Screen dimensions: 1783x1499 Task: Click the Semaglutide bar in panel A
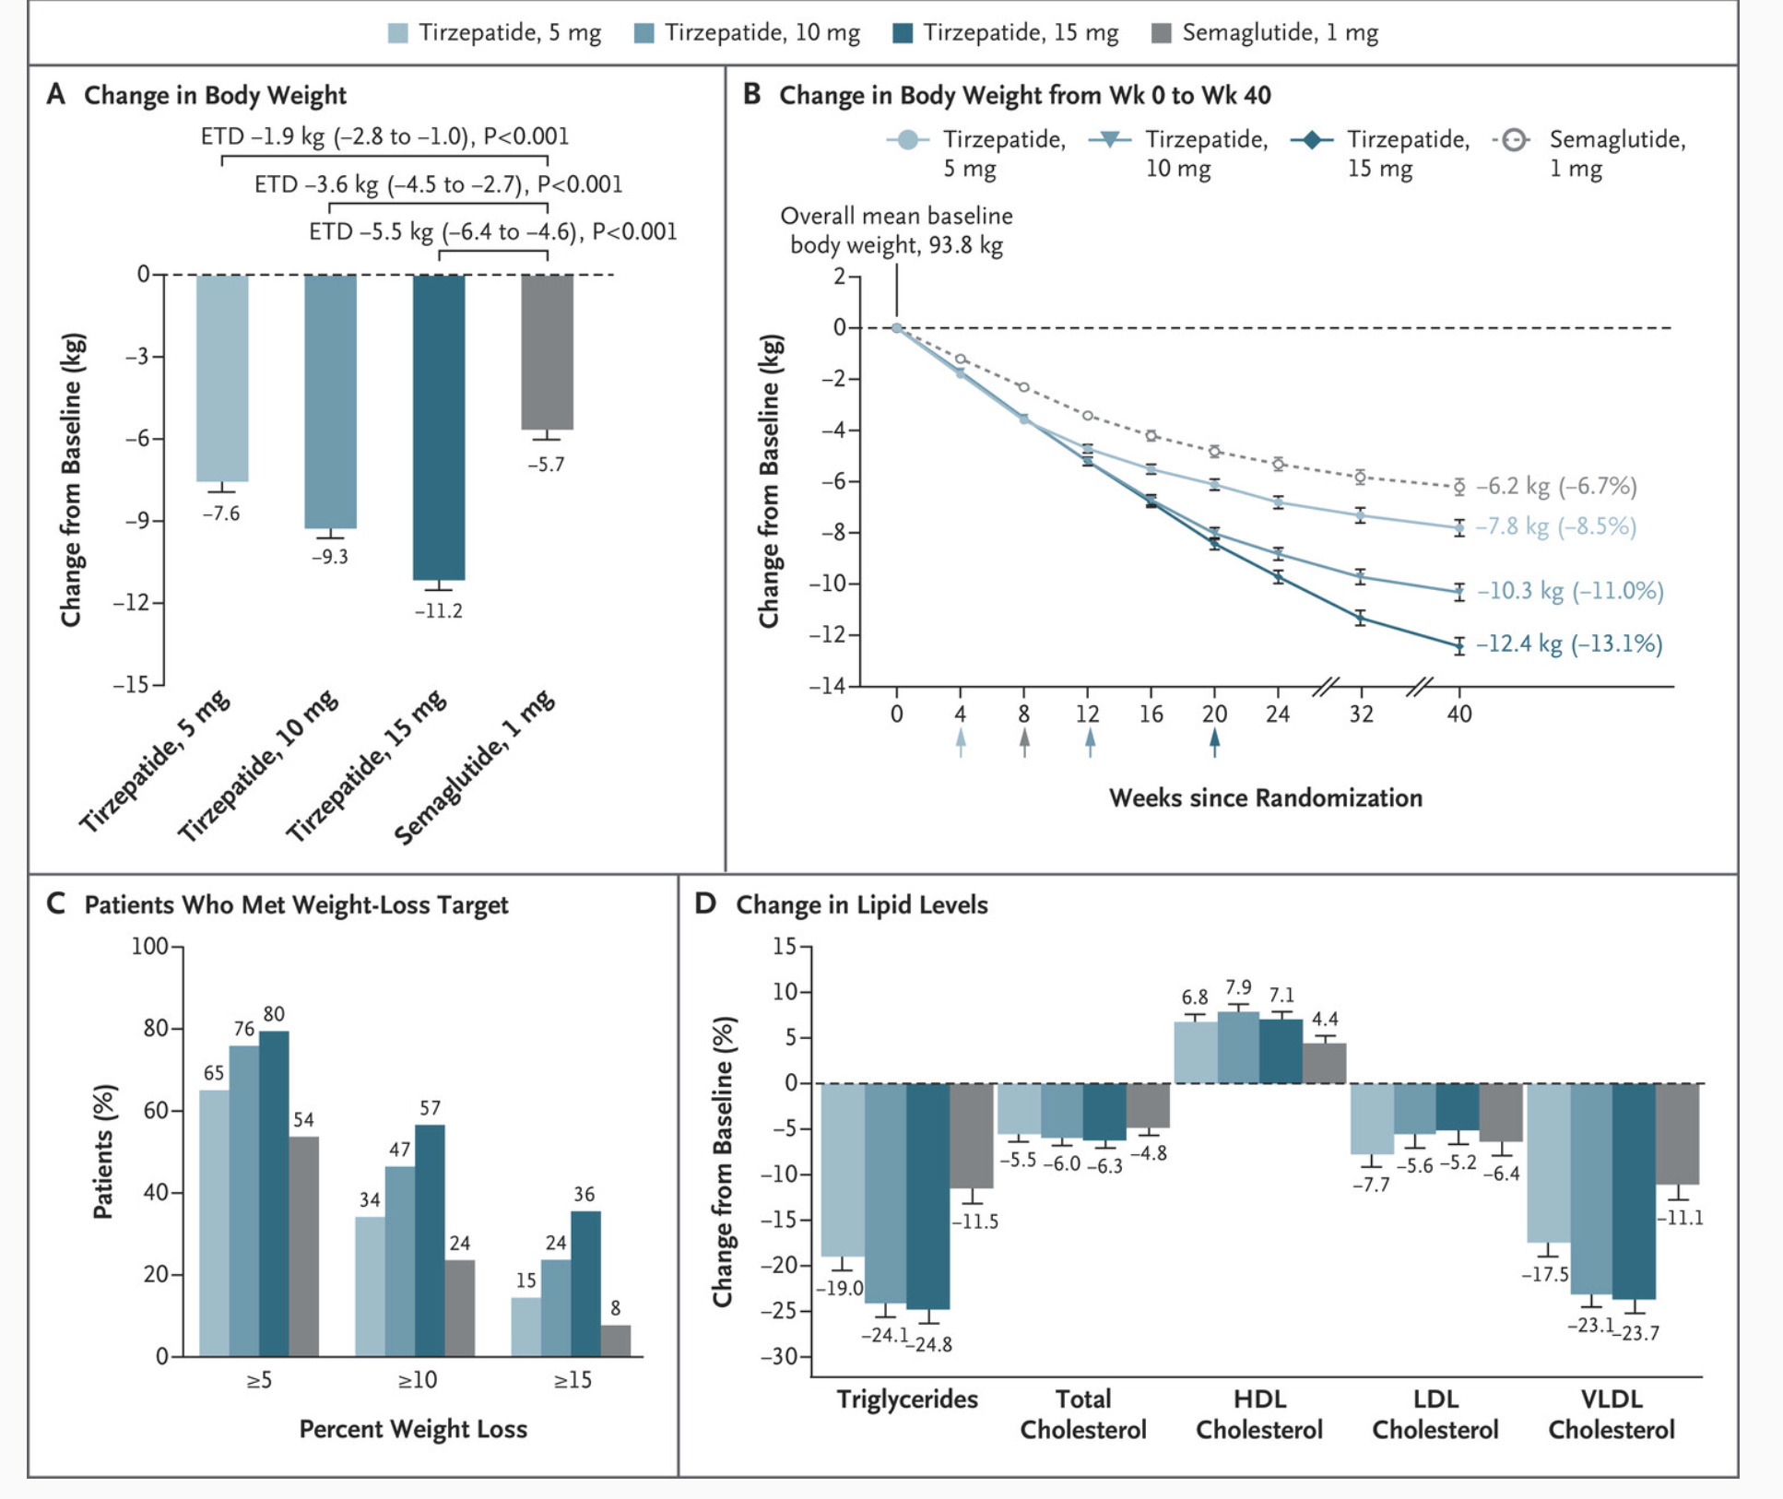547,352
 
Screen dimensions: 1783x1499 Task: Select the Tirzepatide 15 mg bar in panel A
439,428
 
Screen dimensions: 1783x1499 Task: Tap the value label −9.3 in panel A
329,557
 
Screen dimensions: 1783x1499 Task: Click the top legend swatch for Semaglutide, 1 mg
1162,34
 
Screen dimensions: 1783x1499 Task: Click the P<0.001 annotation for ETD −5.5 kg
634,231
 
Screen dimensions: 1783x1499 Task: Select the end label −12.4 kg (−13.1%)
1569,643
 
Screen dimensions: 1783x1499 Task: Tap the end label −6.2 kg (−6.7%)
1556,486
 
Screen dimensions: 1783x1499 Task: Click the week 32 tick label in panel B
1361,714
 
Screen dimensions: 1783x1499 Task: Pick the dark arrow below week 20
1214,742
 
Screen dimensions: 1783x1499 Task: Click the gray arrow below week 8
1024,742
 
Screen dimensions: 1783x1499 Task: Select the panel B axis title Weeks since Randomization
1265,798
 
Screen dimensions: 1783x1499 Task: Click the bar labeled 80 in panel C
274,1194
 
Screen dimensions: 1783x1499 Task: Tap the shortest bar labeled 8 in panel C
616,1340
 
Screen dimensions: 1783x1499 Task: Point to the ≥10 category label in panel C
417,1380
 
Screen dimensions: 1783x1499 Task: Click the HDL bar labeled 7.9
1238,1047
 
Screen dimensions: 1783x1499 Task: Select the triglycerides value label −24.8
929,1345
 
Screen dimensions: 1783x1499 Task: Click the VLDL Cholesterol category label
1612,1414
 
